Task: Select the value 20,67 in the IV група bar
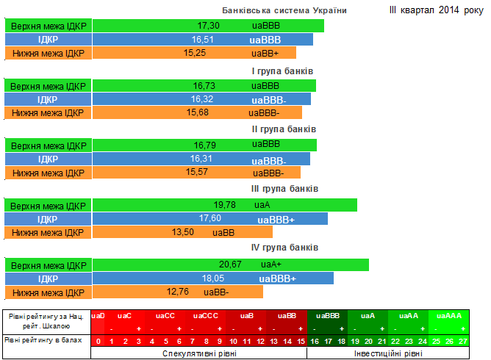coord(230,264)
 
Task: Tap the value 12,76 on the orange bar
coord(179,292)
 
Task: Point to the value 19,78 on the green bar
coord(224,204)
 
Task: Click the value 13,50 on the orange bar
coord(183,232)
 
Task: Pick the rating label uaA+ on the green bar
coord(271,264)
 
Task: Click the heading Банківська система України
coord(284,10)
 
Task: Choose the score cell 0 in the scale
coord(98,341)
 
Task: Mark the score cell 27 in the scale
coord(462,341)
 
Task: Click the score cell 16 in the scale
coord(314,341)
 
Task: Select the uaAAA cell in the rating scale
coord(449,315)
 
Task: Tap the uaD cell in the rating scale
coord(98,315)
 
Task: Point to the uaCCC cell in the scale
coord(206,315)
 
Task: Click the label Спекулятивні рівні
coord(198,353)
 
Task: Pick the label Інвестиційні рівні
coord(388,353)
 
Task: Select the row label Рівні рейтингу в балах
coord(46,340)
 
